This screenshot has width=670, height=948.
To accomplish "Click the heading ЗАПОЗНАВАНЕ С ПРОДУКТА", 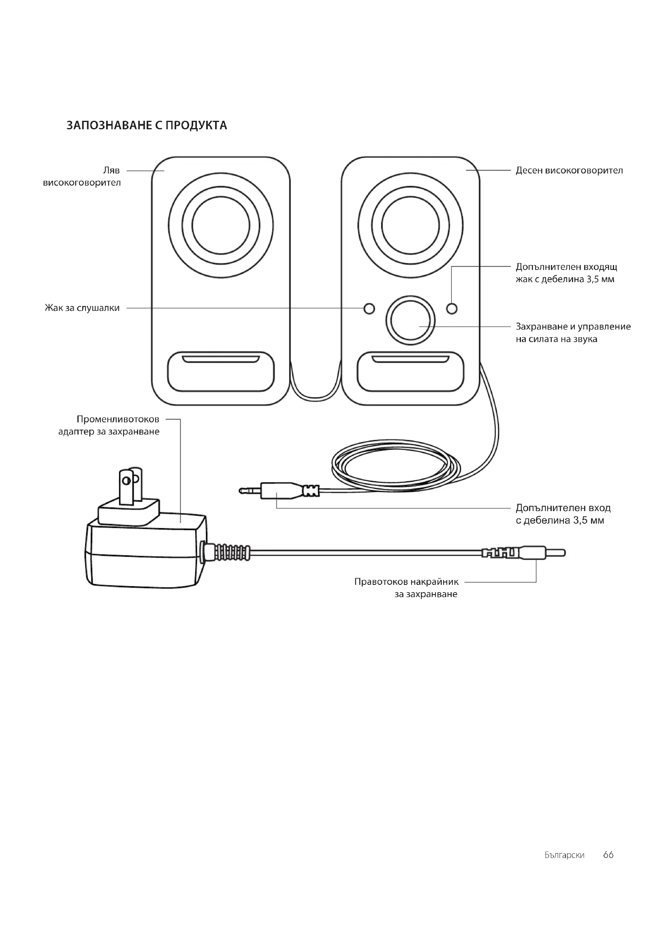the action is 147,125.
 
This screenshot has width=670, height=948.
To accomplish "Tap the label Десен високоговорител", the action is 569,170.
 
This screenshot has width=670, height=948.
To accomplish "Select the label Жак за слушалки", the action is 82,308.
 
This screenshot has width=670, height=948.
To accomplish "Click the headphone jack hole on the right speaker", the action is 369,308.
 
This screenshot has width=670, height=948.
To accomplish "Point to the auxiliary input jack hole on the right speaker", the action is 452,308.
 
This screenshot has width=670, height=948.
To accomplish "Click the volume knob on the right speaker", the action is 410,320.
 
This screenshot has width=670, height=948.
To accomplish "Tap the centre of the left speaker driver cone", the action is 221,225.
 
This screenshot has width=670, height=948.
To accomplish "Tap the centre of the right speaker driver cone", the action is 410,225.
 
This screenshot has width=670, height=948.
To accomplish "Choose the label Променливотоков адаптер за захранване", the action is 109,425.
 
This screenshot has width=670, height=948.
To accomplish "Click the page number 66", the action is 608,854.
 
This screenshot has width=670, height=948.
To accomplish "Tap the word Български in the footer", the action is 564,855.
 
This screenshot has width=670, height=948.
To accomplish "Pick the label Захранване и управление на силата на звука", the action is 574,332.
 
